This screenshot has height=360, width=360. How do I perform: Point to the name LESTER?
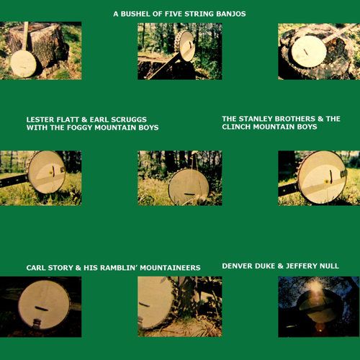[x=42, y=119]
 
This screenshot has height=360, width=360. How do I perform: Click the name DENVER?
[x=238, y=266]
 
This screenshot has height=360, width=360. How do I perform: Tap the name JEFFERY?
[x=295, y=266]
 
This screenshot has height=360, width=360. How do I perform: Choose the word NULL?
[x=328, y=266]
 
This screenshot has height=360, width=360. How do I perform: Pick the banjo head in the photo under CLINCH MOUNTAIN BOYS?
[x=322, y=176]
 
